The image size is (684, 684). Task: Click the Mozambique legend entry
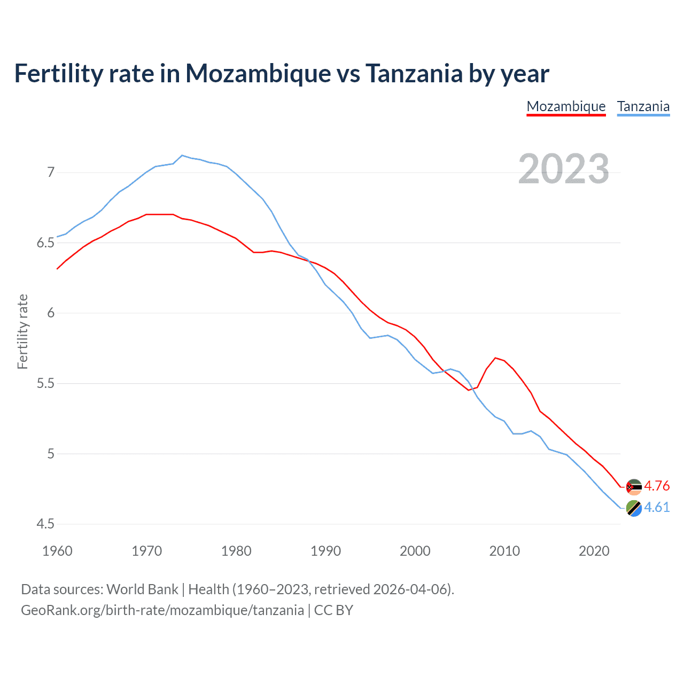[x=566, y=106]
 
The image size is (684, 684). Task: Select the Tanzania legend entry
[x=643, y=106]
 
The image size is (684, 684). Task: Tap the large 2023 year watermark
[x=563, y=169]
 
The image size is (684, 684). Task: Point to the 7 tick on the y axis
[x=51, y=172]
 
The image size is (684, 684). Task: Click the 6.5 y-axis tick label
[x=45, y=243]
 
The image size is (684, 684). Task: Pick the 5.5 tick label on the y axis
[x=45, y=384]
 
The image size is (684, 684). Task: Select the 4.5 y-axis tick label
[x=45, y=524]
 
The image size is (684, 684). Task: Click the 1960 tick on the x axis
[x=57, y=551]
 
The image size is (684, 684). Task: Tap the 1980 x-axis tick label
[x=236, y=551]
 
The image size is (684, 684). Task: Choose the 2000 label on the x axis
[x=415, y=551]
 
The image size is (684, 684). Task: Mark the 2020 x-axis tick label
[x=594, y=551]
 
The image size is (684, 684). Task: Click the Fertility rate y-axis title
[x=22, y=331]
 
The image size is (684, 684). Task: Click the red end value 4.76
[x=657, y=486]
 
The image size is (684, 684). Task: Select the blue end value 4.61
[x=657, y=507]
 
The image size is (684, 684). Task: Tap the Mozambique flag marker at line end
[x=634, y=487]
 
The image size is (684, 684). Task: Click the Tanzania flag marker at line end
[x=634, y=508]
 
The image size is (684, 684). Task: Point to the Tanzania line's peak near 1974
[x=182, y=156]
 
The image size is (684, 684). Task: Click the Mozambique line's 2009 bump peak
[x=495, y=358]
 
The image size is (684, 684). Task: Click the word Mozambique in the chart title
[x=258, y=74]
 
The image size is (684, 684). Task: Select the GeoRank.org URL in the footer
[x=162, y=610]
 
